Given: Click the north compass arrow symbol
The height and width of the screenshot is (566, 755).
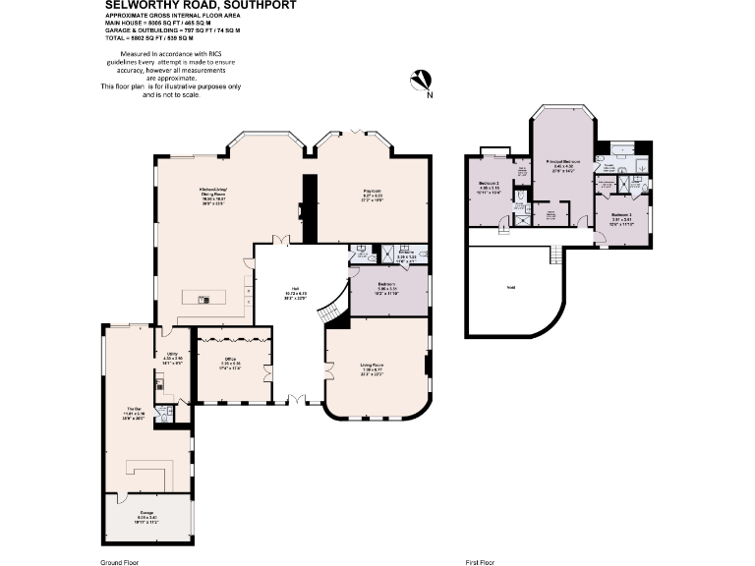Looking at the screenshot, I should click(423, 82).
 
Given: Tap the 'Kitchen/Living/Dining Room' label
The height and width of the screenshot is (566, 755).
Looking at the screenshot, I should click(214, 195).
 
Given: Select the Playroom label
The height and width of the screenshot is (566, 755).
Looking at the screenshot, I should click(370, 194).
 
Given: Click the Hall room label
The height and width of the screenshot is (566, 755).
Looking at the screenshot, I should click(268, 292).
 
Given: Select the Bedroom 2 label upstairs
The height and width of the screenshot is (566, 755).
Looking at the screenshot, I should click(490, 187).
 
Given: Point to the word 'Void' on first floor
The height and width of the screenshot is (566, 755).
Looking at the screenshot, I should click(511, 287).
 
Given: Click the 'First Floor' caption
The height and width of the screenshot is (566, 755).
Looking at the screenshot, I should click(480, 561).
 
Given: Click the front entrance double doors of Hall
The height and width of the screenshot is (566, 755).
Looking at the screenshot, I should click(297, 400).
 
